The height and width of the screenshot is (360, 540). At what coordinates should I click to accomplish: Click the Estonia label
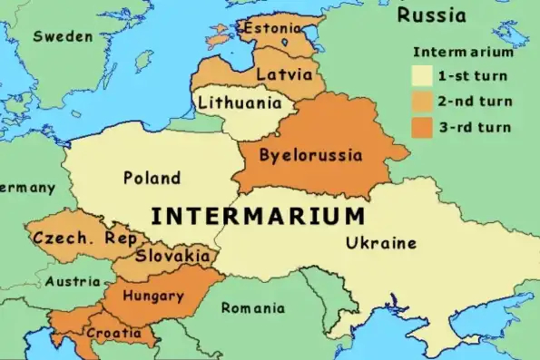pos(270,28)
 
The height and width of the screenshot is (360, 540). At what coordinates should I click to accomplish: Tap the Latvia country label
pos(285,73)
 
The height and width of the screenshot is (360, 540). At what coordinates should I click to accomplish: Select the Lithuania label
pos(240,102)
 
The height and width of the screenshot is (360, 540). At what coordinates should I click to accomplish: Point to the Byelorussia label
pos(310,155)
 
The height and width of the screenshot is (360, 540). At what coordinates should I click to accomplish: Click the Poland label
pos(152,178)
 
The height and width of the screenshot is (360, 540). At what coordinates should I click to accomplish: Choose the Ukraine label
pos(381,242)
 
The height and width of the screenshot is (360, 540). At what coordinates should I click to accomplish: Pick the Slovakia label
pos(172,256)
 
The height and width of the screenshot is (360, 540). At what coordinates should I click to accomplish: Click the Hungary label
pos(152,296)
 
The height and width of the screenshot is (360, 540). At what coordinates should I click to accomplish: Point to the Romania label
pos(252,307)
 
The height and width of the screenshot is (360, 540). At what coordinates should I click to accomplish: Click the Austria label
pos(74,281)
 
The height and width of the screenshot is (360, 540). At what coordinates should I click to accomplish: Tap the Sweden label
pos(63,36)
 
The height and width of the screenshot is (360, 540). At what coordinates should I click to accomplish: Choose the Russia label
pos(432,15)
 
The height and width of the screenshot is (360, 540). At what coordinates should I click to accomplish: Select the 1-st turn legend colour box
pos(421,75)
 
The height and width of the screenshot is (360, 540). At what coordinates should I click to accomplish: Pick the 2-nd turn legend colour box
pos(421,100)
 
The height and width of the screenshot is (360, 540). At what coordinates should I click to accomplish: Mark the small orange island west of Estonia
pos(219,39)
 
